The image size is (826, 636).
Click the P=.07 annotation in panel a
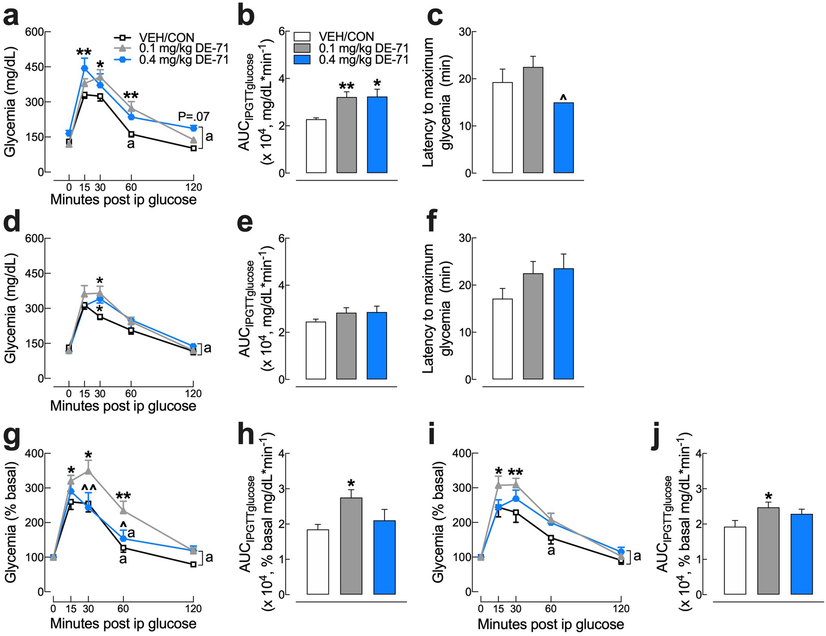pyautogui.click(x=194, y=117)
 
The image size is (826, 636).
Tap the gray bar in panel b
pyautogui.click(x=347, y=135)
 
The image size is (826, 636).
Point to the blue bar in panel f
pyautogui.click(x=563, y=324)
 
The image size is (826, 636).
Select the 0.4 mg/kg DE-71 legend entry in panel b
pyautogui.click(x=363, y=60)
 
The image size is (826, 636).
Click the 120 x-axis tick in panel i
pyautogui.click(x=621, y=608)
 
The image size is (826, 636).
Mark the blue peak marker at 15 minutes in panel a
pyautogui.click(x=85, y=68)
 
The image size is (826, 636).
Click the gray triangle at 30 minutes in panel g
pyautogui.click(x=88, y=471)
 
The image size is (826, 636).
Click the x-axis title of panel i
pyautogui.click(x=551, y=624)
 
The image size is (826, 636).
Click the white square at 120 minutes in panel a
pyautogui.click(x=193, y=148)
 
